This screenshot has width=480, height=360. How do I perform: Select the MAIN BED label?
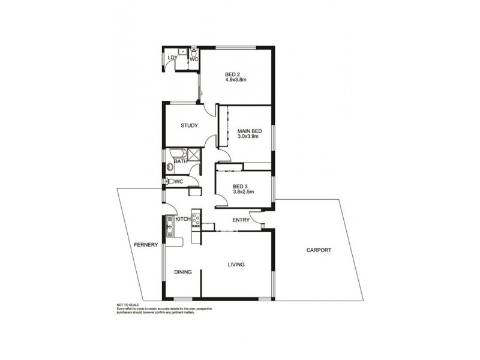(248, 131)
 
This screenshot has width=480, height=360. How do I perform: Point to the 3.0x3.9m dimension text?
(248, 137)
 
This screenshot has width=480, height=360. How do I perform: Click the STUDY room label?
(190, 126)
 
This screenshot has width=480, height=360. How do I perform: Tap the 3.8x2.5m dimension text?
(244, 192)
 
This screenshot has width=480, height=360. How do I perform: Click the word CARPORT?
(319, 250)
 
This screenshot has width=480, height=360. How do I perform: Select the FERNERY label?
(146, 244)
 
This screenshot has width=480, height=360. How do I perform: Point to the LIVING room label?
(236, 264)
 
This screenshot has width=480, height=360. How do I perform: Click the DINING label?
(183, 272)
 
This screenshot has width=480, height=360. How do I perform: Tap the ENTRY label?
(241, 220)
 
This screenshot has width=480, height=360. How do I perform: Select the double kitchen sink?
(169, 226)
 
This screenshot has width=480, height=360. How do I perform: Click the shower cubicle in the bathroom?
(193, 154)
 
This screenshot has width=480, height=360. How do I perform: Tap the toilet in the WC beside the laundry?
(194, 53)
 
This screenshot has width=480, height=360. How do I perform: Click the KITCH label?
(183, 220)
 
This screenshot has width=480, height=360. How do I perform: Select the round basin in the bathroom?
(169, 167)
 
